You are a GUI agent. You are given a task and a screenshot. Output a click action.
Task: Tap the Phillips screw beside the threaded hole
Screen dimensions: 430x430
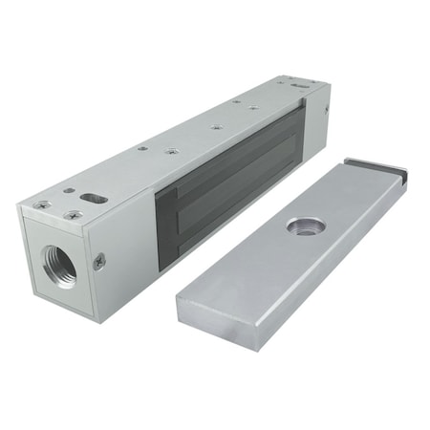tap(98, 259)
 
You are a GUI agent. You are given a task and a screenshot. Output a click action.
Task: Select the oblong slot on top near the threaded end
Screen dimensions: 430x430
tap(94, 199)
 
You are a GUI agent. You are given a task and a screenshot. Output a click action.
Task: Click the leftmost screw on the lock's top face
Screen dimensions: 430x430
tap(42, 204)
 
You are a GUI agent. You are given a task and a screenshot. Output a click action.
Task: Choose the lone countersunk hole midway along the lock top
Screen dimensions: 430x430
tap(217, 126)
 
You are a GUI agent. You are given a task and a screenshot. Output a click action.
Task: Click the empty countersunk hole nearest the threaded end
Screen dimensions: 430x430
tap(172, 151)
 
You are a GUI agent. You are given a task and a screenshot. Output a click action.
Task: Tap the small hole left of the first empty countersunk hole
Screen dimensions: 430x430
tap(142, 148)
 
